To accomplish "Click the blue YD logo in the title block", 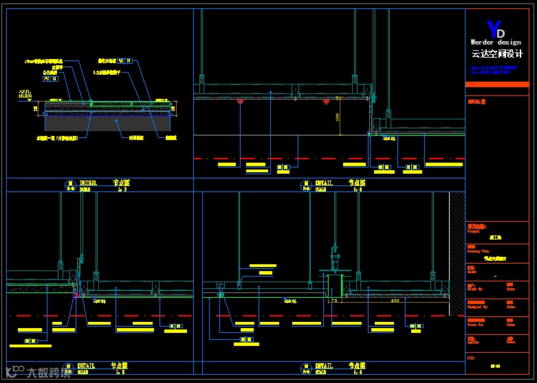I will pyautogui.click(x=495, y=30).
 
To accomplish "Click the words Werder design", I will pyautogui.click(x=496, y=43).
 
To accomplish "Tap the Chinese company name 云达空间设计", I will pyautogui.click(x=497, y=54).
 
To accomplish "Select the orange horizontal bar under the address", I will pyautogui.click(x=496, y=84).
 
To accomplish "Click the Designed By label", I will pyautogui.click(x=476, y=306).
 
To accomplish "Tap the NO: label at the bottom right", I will pyautogui.click(x=471, y=358).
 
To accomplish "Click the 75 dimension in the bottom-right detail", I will pyautogui.click(x=333, y=301).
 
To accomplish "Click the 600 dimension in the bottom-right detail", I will pyautogui.click(x=395, y=301).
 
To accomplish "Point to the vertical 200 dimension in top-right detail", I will pyautogui.click(x=338, y=117).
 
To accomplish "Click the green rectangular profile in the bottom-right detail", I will pyautogui.click(x=335, y=286).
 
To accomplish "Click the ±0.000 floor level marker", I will pyautogui.click(x=25, y=95).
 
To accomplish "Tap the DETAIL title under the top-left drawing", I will pyautogui.click(x=88, y=183).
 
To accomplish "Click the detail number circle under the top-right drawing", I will pyautogui.click(x=305, y=184).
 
